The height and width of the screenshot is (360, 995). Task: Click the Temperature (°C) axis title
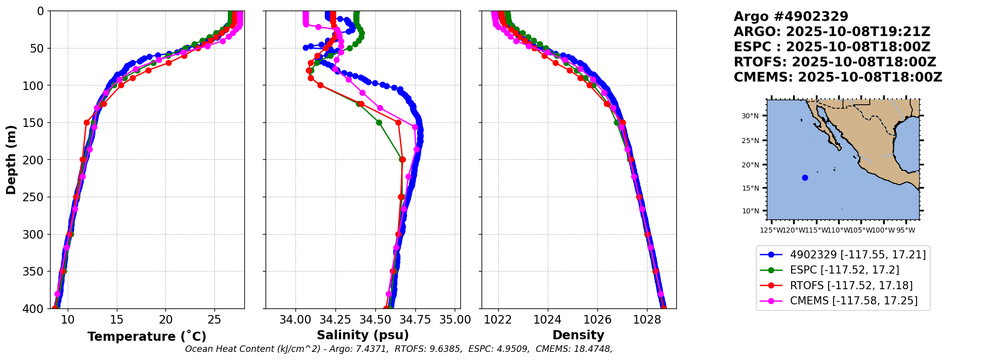pyautogui.click(x=147, y=336)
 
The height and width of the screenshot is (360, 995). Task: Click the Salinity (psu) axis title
pyautogui.click(x=363, y=335)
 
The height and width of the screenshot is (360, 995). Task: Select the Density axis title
pyautogui.click(x=578, y=335)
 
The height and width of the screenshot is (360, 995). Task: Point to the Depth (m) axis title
pyautogui.click(x=11, y=159)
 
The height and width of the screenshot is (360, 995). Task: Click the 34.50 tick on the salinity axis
pyautogui.click(x=375, y=320)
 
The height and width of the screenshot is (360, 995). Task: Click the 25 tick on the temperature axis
pyautogui.click(x=215, y=320)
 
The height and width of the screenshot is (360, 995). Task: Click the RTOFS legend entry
pyautogui.click(x=837, y=286)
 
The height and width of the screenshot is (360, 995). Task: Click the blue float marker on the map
pyautogui.click(x=805, y=177)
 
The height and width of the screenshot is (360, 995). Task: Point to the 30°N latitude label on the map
pyautogui.click(x=750, y=116)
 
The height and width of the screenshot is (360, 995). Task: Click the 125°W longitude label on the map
pyautogui.click(x=770, y=231)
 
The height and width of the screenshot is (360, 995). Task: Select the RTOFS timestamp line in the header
pyautogui.click(x=835, y=62)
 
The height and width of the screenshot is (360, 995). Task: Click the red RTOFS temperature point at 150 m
pyautogui.click(x=86, y=123)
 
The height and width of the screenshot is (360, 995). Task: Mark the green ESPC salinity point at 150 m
pyautogui.click(x=379, y=122)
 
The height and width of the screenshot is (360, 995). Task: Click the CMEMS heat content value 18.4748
pyautogui.click(x=591, y=349)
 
